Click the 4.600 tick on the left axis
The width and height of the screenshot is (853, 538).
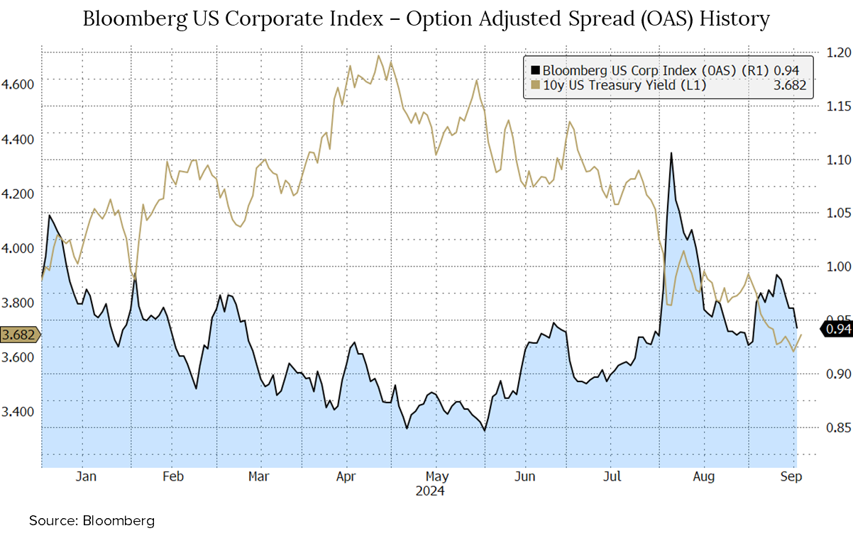click(x=18, y=84)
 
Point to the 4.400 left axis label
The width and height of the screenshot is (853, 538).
click(x=18, y=139)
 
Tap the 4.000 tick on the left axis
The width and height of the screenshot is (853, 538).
click(x=18, y=248)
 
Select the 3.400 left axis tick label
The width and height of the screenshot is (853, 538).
click(x=18, y=412)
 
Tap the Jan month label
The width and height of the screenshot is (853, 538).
click(x=85, y=476)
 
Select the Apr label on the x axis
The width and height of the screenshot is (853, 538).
click(x=346, y=476)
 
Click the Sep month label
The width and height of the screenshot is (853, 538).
click(x=791, y=476)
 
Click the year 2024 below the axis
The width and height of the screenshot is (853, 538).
click(x=431, y=491)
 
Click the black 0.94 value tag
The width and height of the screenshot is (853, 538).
click(x=835, y=329)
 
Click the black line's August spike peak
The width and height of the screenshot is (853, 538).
click(x=671, y=152)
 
